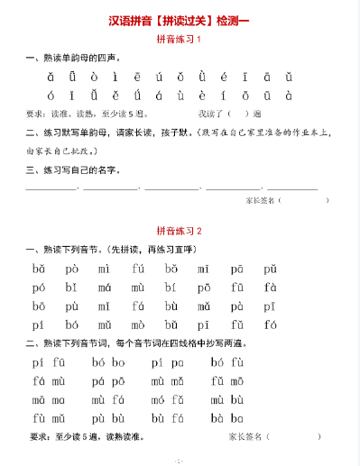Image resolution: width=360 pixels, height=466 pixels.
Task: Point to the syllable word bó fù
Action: [226, 362]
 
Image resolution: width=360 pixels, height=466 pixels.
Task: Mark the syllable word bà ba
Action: [226, 418]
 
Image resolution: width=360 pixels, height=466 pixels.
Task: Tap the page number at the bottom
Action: [179, 460]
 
